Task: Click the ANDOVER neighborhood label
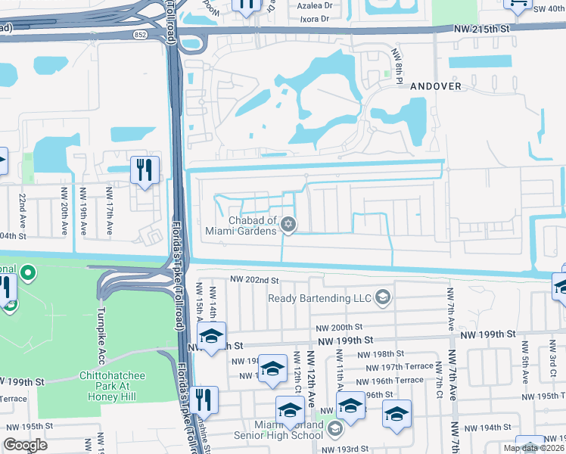pyautogui.click(x=435, y=86)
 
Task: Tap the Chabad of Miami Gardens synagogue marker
pyautogui.click(x=288, y=224)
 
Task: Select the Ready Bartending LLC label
pyautogui.click(x=320, y=297)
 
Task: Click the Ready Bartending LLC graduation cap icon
pyautogui.click(x=383, y=297)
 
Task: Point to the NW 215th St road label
pyautogui.click(x=483, y=27)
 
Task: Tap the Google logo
pyautogui.click(x=25, y=445)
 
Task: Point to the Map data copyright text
pyautogui.click(x=533, y=448)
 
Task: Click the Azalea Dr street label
pyautogui.click(x=316, y=5)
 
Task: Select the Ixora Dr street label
pyautogui.click(x=316, y=18)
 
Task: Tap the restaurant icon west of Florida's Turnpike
pyautogui.click(x=142, y=170)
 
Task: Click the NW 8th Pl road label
pyautogui.click(x=395, y=60)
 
